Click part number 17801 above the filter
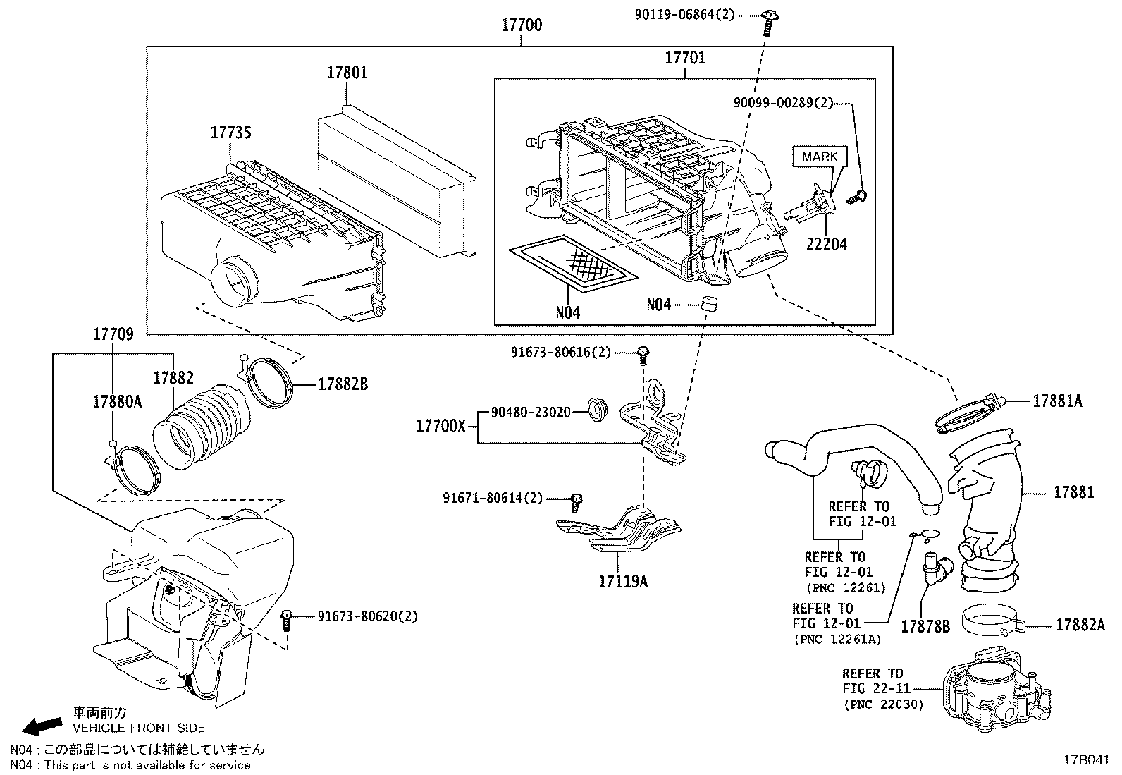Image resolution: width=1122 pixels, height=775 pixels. (346, 73)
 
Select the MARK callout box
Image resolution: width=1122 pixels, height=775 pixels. (819, 157)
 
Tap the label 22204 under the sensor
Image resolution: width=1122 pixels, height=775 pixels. (826, 245)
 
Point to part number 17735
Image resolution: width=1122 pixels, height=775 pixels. (230, 133)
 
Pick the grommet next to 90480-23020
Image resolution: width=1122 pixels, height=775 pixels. (598, 410)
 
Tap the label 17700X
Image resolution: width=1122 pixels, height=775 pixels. (440, 426)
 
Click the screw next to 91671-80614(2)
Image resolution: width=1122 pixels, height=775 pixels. (576, 501)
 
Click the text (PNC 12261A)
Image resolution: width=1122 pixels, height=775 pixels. (837, 639)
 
